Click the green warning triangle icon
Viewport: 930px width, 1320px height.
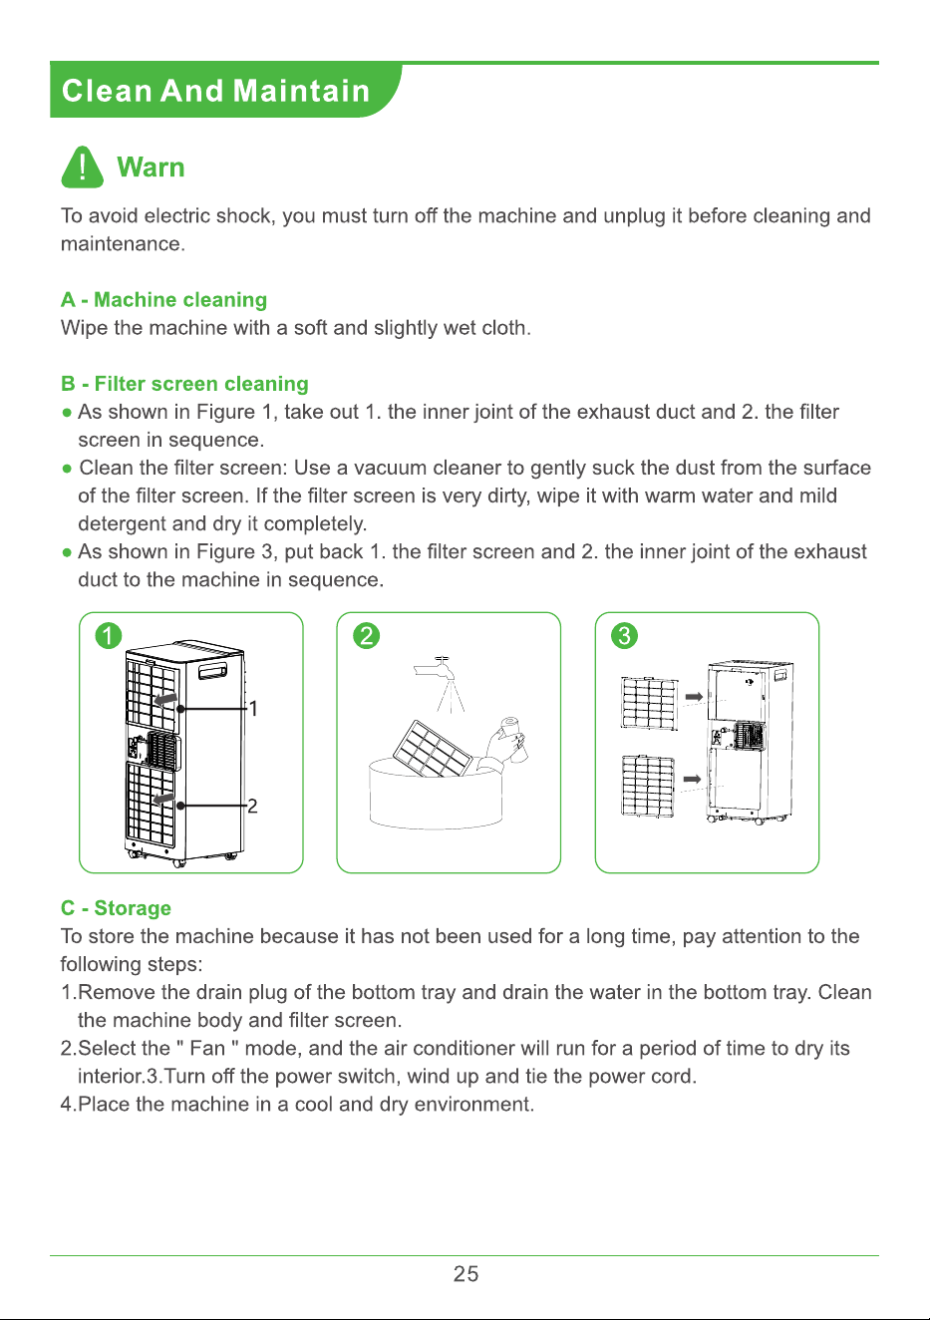pyautogui.click(x=83, y=167)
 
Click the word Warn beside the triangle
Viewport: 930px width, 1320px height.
pyautogui.click(x=151, y=167)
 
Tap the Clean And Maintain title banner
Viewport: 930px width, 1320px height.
pyautogui.click(x=224, y=90)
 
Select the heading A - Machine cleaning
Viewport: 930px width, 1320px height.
pyautogui.click(x=163, y=299)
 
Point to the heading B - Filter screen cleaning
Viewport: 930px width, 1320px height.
pyautogui.click(x=184, y=384)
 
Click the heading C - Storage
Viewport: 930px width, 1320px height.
pyautogui.click(x=116, y=908)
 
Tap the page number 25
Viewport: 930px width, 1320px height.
pyautogui.click(x=465, y=1274)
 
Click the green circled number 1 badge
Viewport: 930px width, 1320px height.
pyautogui.click(x=109, y=636)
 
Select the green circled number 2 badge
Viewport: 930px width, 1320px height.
pyautogui.click(x=366, y=636)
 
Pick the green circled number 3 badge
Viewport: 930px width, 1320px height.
pyautogui.click(x=624, y=636)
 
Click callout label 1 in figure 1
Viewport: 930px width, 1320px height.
pyautogui.click(x=253, y=708)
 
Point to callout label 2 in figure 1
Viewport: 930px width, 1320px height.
pyautogui.click(x=252, y=806)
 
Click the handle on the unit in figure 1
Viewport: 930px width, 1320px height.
pyautogui.click(x=212, y=671)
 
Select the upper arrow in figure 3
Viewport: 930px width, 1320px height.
pyautogui.click(x=694, y=697)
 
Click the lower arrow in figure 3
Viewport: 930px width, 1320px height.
pyautogui.click(x=692, y=779)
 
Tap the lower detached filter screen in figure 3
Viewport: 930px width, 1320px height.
pyautogui.click(x=647, y=786)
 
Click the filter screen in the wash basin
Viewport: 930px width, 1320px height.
pyautogui.click(x=434, y=749)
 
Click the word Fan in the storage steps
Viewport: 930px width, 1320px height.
pyautogui.click(x=208, y=1049)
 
